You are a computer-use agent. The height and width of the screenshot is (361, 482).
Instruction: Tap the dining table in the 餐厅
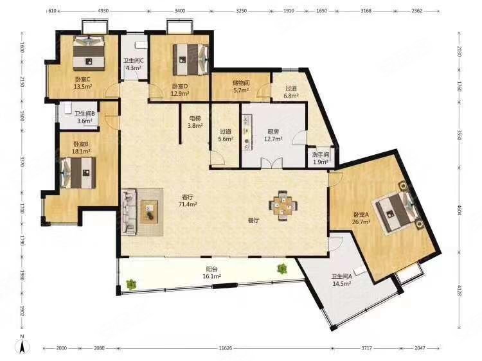click(x=283, y=206)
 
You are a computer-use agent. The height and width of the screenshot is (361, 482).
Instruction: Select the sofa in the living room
click(x=129, y=212)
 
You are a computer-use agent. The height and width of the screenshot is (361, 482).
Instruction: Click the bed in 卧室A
click(x=397, y=209)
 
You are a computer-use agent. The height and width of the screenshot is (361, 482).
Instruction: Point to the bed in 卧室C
click(x=89, y=52)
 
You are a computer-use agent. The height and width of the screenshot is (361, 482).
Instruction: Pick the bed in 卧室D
click(x=191, y=60)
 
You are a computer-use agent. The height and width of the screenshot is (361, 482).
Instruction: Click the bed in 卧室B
click(x=78, y=173)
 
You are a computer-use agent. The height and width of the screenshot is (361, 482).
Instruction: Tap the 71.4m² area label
click(x=188, y=204)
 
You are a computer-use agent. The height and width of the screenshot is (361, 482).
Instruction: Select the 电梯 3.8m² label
click(x=195, y=121)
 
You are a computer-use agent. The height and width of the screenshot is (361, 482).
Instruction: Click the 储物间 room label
click(x=241, y=83)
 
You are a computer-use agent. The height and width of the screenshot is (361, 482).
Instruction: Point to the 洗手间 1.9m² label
click(x=321, y=158)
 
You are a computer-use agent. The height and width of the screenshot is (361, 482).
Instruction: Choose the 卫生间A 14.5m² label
click(x=342, y=280)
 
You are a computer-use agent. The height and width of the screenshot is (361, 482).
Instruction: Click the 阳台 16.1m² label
click(x=212, y=272)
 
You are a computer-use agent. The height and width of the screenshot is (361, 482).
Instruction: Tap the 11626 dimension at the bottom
click(x=226, y=348)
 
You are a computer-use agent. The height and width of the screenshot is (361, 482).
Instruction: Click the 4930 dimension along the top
click(x=103, y=11)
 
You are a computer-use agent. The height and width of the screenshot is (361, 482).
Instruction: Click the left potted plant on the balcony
click(x=131, y=283)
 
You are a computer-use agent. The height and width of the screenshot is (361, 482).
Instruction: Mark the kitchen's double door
click(x=272, y=163)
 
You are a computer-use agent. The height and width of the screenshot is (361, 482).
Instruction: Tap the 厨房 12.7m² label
click(x=273, y=135)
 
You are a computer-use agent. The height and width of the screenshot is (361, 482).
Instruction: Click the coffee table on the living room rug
click(x=149, y=212)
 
